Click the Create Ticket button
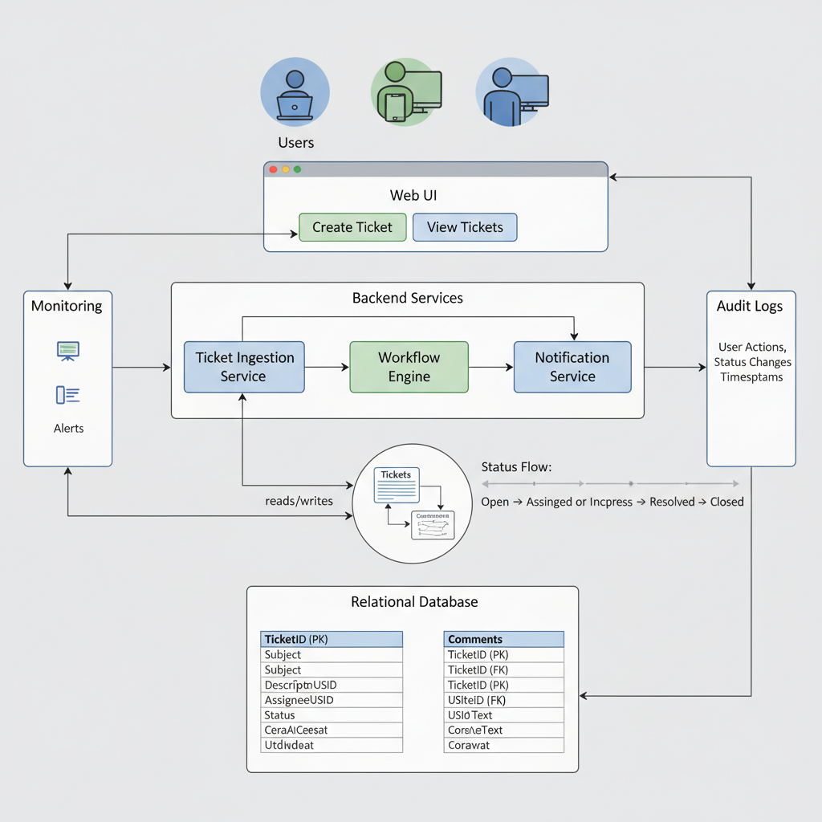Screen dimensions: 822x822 pyautogui.click(x=352, y=227)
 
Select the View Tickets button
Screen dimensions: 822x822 pyautogui.click(x=465, y=227)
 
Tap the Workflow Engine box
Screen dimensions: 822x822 pyautogui.click(x=409, y=367)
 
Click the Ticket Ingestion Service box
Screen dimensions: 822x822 pyautogui.click(x=244, y=367)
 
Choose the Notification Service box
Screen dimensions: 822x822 pyautogui.click(x=572, y=367)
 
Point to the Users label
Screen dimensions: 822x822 pyautogui.click(x=295, y=143)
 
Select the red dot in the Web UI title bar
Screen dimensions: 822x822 pyautogui.click(x=273, y=169)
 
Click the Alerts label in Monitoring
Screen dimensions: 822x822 pyautogui.click(x=68, y=429)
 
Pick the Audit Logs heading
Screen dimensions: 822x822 pyautogui.click(x=750, y=306)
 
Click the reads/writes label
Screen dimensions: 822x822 pyautogui.click(x=299, y=501)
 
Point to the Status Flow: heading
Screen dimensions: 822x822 pyautogui.click(x=516, y=466)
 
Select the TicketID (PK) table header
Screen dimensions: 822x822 pyautogui.click(x=332, y=639)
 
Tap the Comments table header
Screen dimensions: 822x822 pyautogui.click(x=503, y=639)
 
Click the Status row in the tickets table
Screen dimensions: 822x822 pyautogui.click(x=332, y=715)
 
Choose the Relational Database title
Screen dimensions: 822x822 pyautogui.click(x=414, y=601)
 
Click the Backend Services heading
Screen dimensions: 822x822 pyautogui.click(x=408, y=298)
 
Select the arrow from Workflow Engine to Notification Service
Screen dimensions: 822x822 pyautogui.click(x=490, y=368)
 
